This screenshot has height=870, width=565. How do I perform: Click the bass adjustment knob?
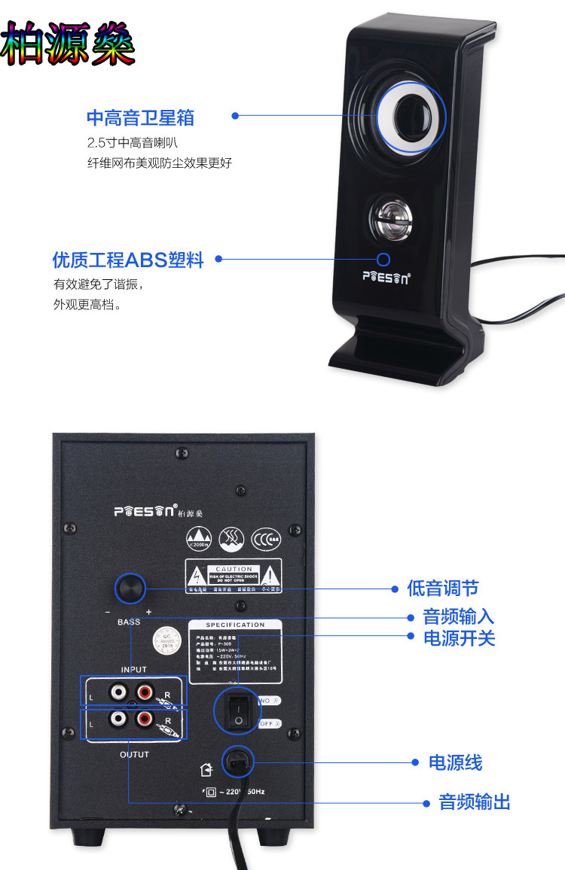coord(130,589)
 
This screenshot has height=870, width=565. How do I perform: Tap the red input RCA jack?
coord(145,689)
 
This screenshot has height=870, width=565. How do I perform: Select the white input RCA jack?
coord(118,689)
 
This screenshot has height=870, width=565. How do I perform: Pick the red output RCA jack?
coord(145,720)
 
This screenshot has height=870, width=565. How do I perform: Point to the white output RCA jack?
coord(118,720)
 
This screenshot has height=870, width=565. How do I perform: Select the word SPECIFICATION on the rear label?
coord(235,625)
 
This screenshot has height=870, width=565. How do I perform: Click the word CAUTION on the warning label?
coord(234,569)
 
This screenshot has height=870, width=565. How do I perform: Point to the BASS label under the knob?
coord(129,622)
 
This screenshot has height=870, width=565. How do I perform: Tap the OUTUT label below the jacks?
coord(134,754)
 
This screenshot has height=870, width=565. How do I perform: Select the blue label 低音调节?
coord(443,589)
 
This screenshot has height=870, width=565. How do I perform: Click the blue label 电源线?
coord(455,762)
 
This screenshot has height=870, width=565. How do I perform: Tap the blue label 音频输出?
coord(475,802)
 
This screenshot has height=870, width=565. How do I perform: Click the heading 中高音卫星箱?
coord(141,117)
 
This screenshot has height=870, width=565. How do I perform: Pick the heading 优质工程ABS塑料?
coord(128,260)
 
